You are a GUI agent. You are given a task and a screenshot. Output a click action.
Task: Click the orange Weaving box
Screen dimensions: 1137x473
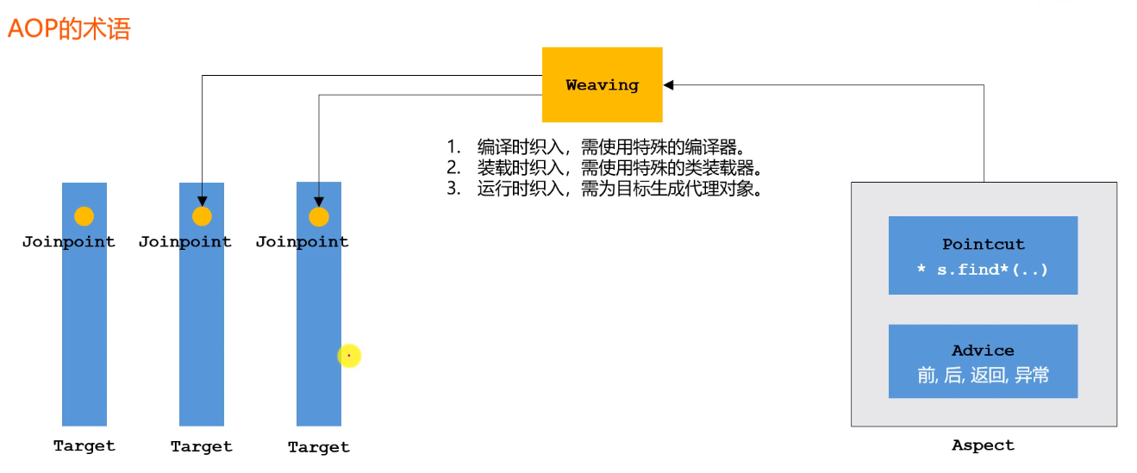[x=602, y=84]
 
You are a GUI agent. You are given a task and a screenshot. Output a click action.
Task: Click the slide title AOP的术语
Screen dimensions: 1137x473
[x=69, y=29]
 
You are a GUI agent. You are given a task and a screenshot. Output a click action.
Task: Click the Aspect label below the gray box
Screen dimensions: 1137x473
[x=983, y=445]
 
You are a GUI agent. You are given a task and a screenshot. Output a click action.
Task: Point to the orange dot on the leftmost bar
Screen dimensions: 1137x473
[x=84, y=216]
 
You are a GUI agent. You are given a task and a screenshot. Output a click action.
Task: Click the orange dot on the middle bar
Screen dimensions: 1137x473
[x=202, y=216]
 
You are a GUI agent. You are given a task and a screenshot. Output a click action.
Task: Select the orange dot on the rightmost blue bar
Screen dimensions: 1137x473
[x=319, y=217]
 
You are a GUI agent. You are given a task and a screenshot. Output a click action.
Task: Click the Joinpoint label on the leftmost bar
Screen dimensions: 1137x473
[x=69, y=242]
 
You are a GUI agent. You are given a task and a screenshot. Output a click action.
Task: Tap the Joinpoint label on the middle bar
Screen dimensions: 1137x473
[x=185, y=242]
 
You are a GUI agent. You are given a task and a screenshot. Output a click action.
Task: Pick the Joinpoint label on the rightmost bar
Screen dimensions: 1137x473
[x=303, y=242]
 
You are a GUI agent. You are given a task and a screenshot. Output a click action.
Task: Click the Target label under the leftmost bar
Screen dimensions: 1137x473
[x=84, y=446]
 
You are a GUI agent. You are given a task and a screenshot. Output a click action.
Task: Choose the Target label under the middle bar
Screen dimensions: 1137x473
[x=202, y=446]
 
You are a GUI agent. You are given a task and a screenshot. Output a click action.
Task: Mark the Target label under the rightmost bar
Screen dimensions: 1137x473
[x=319, y=447]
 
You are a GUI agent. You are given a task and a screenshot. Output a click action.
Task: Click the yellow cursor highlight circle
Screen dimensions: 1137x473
[x=349, y=355]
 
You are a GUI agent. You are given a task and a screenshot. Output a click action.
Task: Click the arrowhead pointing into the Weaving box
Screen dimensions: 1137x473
[x=668, y=84]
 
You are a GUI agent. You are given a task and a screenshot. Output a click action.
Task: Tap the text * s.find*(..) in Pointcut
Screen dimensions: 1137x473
[x=983, y=270]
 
